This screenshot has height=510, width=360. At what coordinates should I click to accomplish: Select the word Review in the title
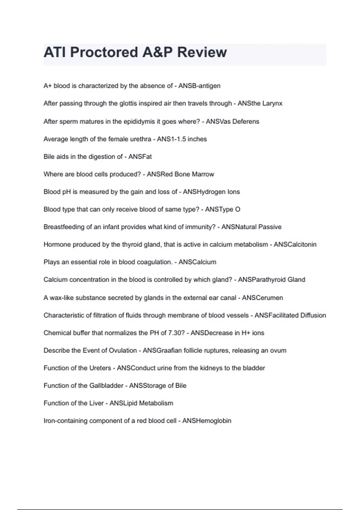point(202,52)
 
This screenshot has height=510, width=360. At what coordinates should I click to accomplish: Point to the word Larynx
point(272,103)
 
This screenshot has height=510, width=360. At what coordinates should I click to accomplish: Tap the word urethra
point(141,139)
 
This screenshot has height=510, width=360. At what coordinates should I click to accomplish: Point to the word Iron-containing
point(66,421)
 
